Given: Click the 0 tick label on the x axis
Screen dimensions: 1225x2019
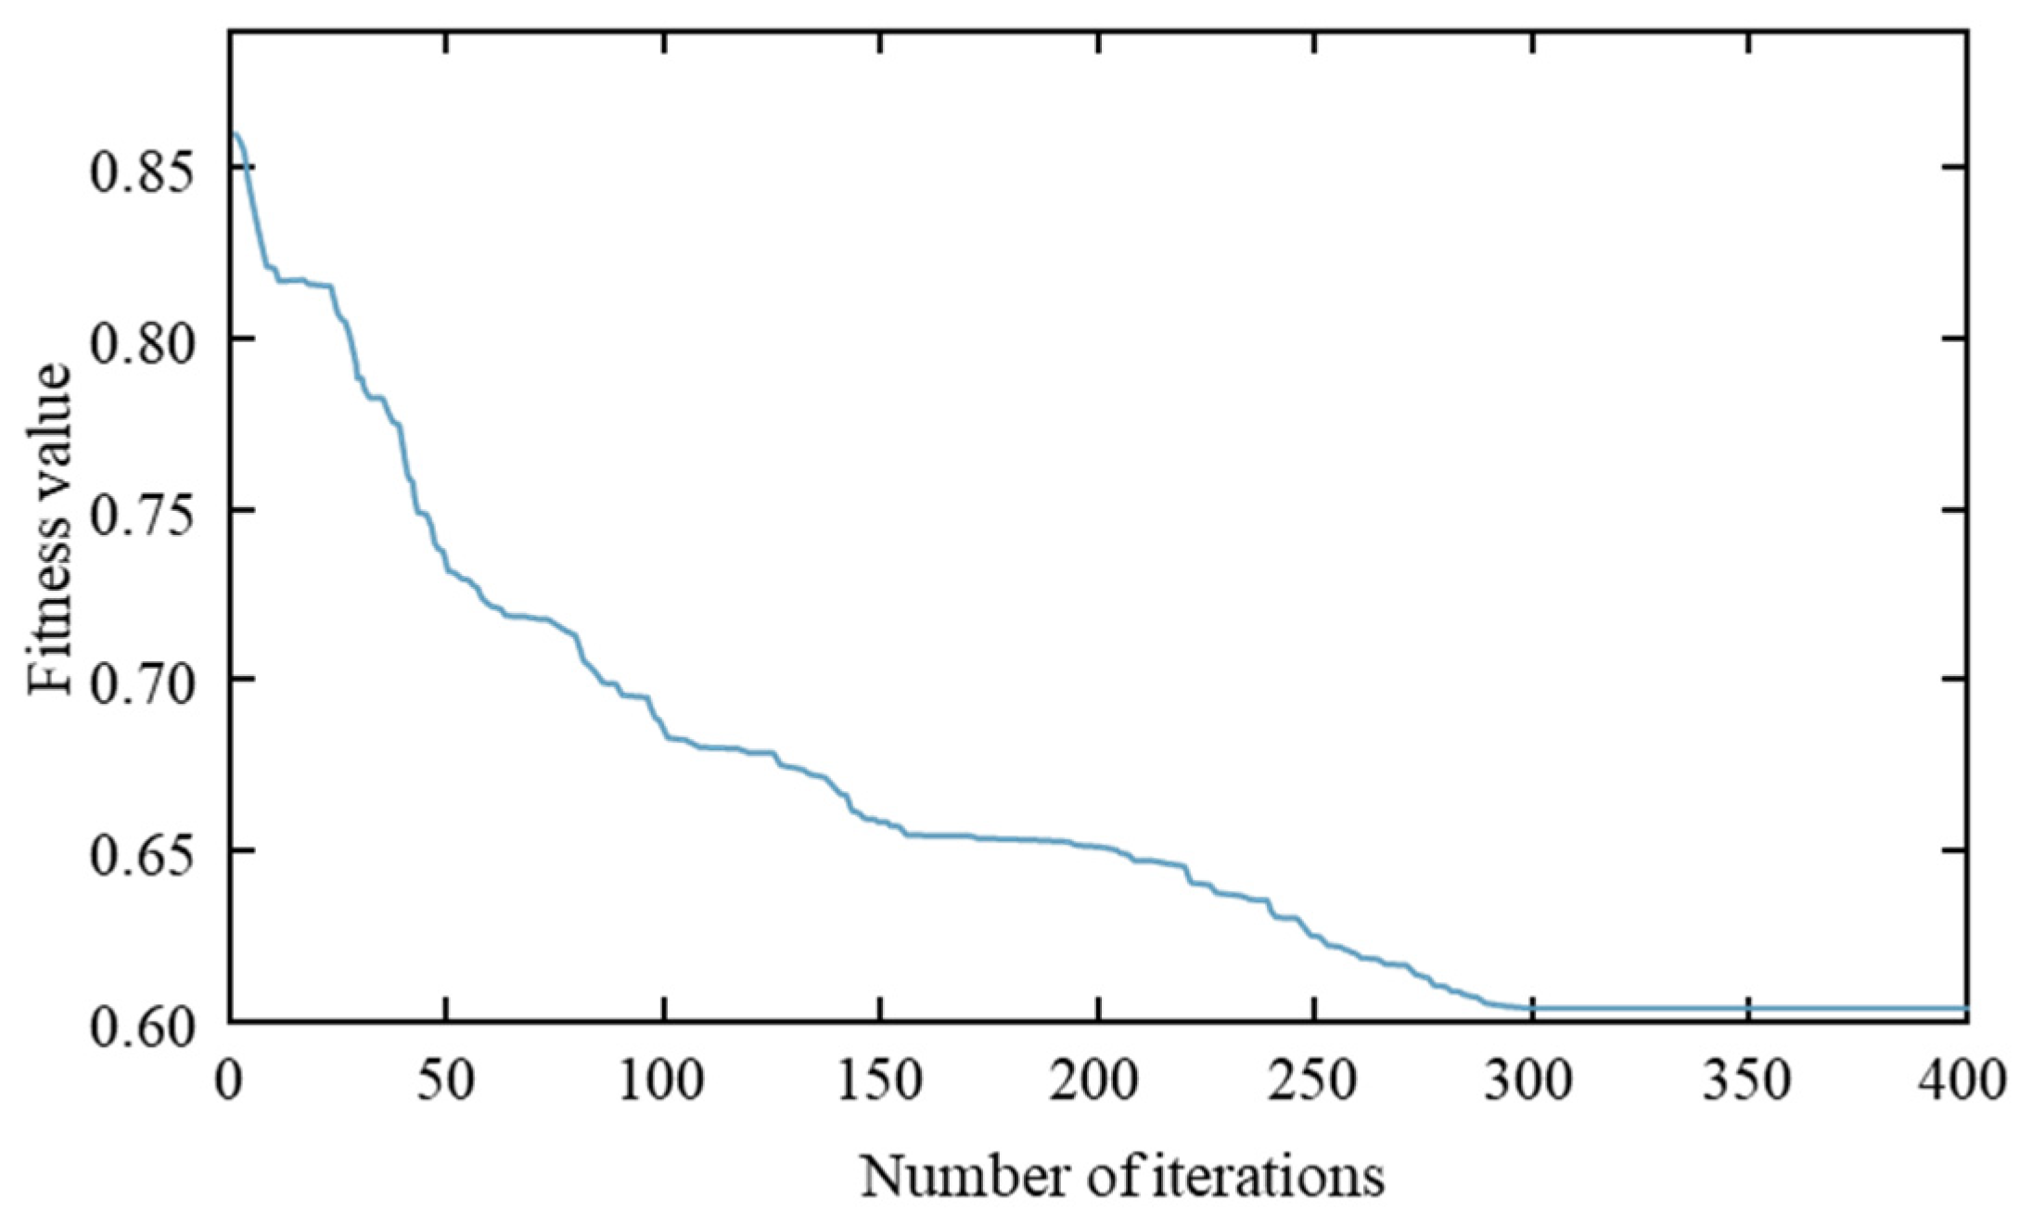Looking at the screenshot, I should pos(229,1079).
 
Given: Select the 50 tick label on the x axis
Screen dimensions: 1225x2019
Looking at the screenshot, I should pos(447,1079).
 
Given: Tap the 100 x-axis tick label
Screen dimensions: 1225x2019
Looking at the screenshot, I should pos(663,1079).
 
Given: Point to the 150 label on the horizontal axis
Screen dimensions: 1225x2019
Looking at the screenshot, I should pos(880,1079).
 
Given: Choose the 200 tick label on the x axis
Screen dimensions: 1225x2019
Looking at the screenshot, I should pos(1097,1079).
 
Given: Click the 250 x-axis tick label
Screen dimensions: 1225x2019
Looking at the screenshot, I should pos(1314,1079).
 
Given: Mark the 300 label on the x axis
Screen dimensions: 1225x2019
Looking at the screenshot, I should pos(1531,1079).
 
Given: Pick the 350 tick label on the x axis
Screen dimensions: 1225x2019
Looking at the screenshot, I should pos(1748,1079).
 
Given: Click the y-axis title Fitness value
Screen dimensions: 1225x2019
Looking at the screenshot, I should pos(48,529).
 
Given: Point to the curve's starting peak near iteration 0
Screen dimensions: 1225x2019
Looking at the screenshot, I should pos(236,135).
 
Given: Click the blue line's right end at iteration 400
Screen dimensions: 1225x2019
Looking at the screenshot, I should pos(1965,1008).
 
